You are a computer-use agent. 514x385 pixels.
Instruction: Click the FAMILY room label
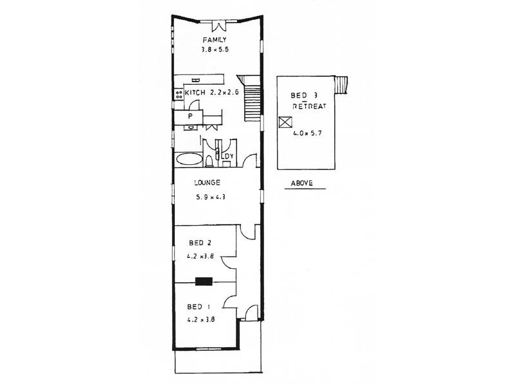point(215,40)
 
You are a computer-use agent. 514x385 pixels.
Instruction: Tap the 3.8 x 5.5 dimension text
point(215,49)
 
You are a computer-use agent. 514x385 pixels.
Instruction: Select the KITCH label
point(195,94)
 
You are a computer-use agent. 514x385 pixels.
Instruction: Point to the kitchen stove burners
point(178,94)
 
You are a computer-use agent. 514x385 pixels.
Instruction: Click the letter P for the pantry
point(191,117)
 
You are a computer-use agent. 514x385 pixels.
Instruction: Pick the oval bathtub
point(188,160)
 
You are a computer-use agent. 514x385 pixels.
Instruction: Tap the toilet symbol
point(210,159)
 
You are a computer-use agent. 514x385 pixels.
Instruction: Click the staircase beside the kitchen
point(253,99)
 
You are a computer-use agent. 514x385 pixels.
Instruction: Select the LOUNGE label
point(208,183)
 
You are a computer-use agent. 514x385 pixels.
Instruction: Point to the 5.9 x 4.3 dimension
point(210,197)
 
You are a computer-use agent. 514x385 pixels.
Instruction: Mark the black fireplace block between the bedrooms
point(205,280)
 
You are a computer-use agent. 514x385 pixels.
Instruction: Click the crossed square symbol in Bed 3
point(285,123)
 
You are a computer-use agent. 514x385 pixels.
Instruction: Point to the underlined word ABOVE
point(301,183)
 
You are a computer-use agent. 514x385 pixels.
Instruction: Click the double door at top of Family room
point(220,27)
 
